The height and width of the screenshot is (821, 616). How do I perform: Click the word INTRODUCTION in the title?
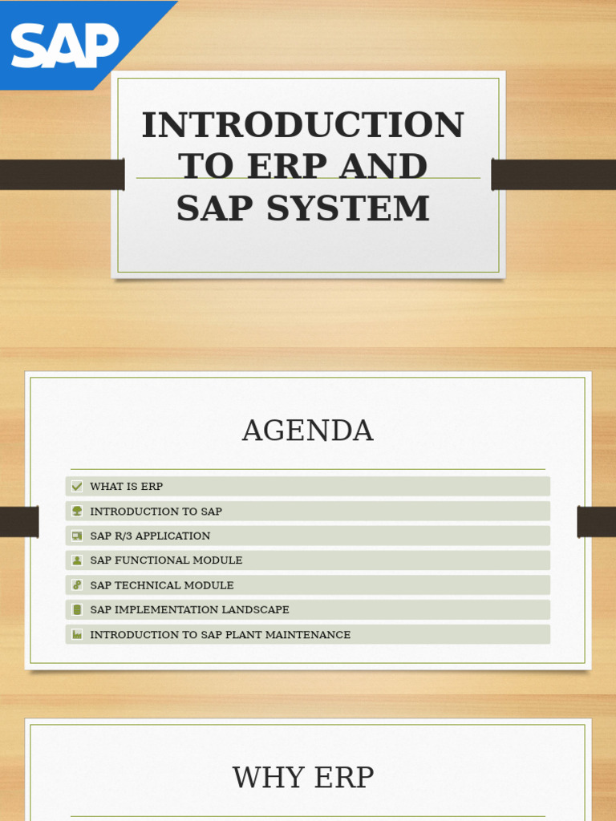(x=302, y=125)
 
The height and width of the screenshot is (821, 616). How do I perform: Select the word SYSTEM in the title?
(x=348, y=208)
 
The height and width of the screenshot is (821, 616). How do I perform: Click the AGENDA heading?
(x=307, y=431)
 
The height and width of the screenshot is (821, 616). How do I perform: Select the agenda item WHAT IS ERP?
(x=127, y=487)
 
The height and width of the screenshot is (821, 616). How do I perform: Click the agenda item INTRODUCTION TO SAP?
(x=156, y=512)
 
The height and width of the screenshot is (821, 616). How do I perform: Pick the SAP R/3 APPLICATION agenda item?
(x=150, y=536)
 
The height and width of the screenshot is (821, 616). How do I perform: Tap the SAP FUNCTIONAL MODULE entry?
(x=166, y=560)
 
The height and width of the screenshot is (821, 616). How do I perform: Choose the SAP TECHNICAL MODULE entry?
(x=162, y=585)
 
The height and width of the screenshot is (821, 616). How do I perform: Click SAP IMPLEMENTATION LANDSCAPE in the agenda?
(x=189, y=610)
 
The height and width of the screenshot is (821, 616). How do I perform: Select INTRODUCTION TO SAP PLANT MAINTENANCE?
(x=220, y=634)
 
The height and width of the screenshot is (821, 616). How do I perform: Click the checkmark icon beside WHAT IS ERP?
(x=77, y=487)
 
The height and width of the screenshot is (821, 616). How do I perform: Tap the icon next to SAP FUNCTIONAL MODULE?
(x=77, y=560)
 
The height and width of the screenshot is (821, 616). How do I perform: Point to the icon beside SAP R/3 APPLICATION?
(x=77, y=536)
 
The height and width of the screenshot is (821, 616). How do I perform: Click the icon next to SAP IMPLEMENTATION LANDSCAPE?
(x=77, y=610)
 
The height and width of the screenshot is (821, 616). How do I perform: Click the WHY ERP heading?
(x=303, y=778)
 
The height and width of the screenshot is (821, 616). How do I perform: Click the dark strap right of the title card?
(x=553, y=175)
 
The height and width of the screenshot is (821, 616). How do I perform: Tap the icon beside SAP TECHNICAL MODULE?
(x=77, y=585)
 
